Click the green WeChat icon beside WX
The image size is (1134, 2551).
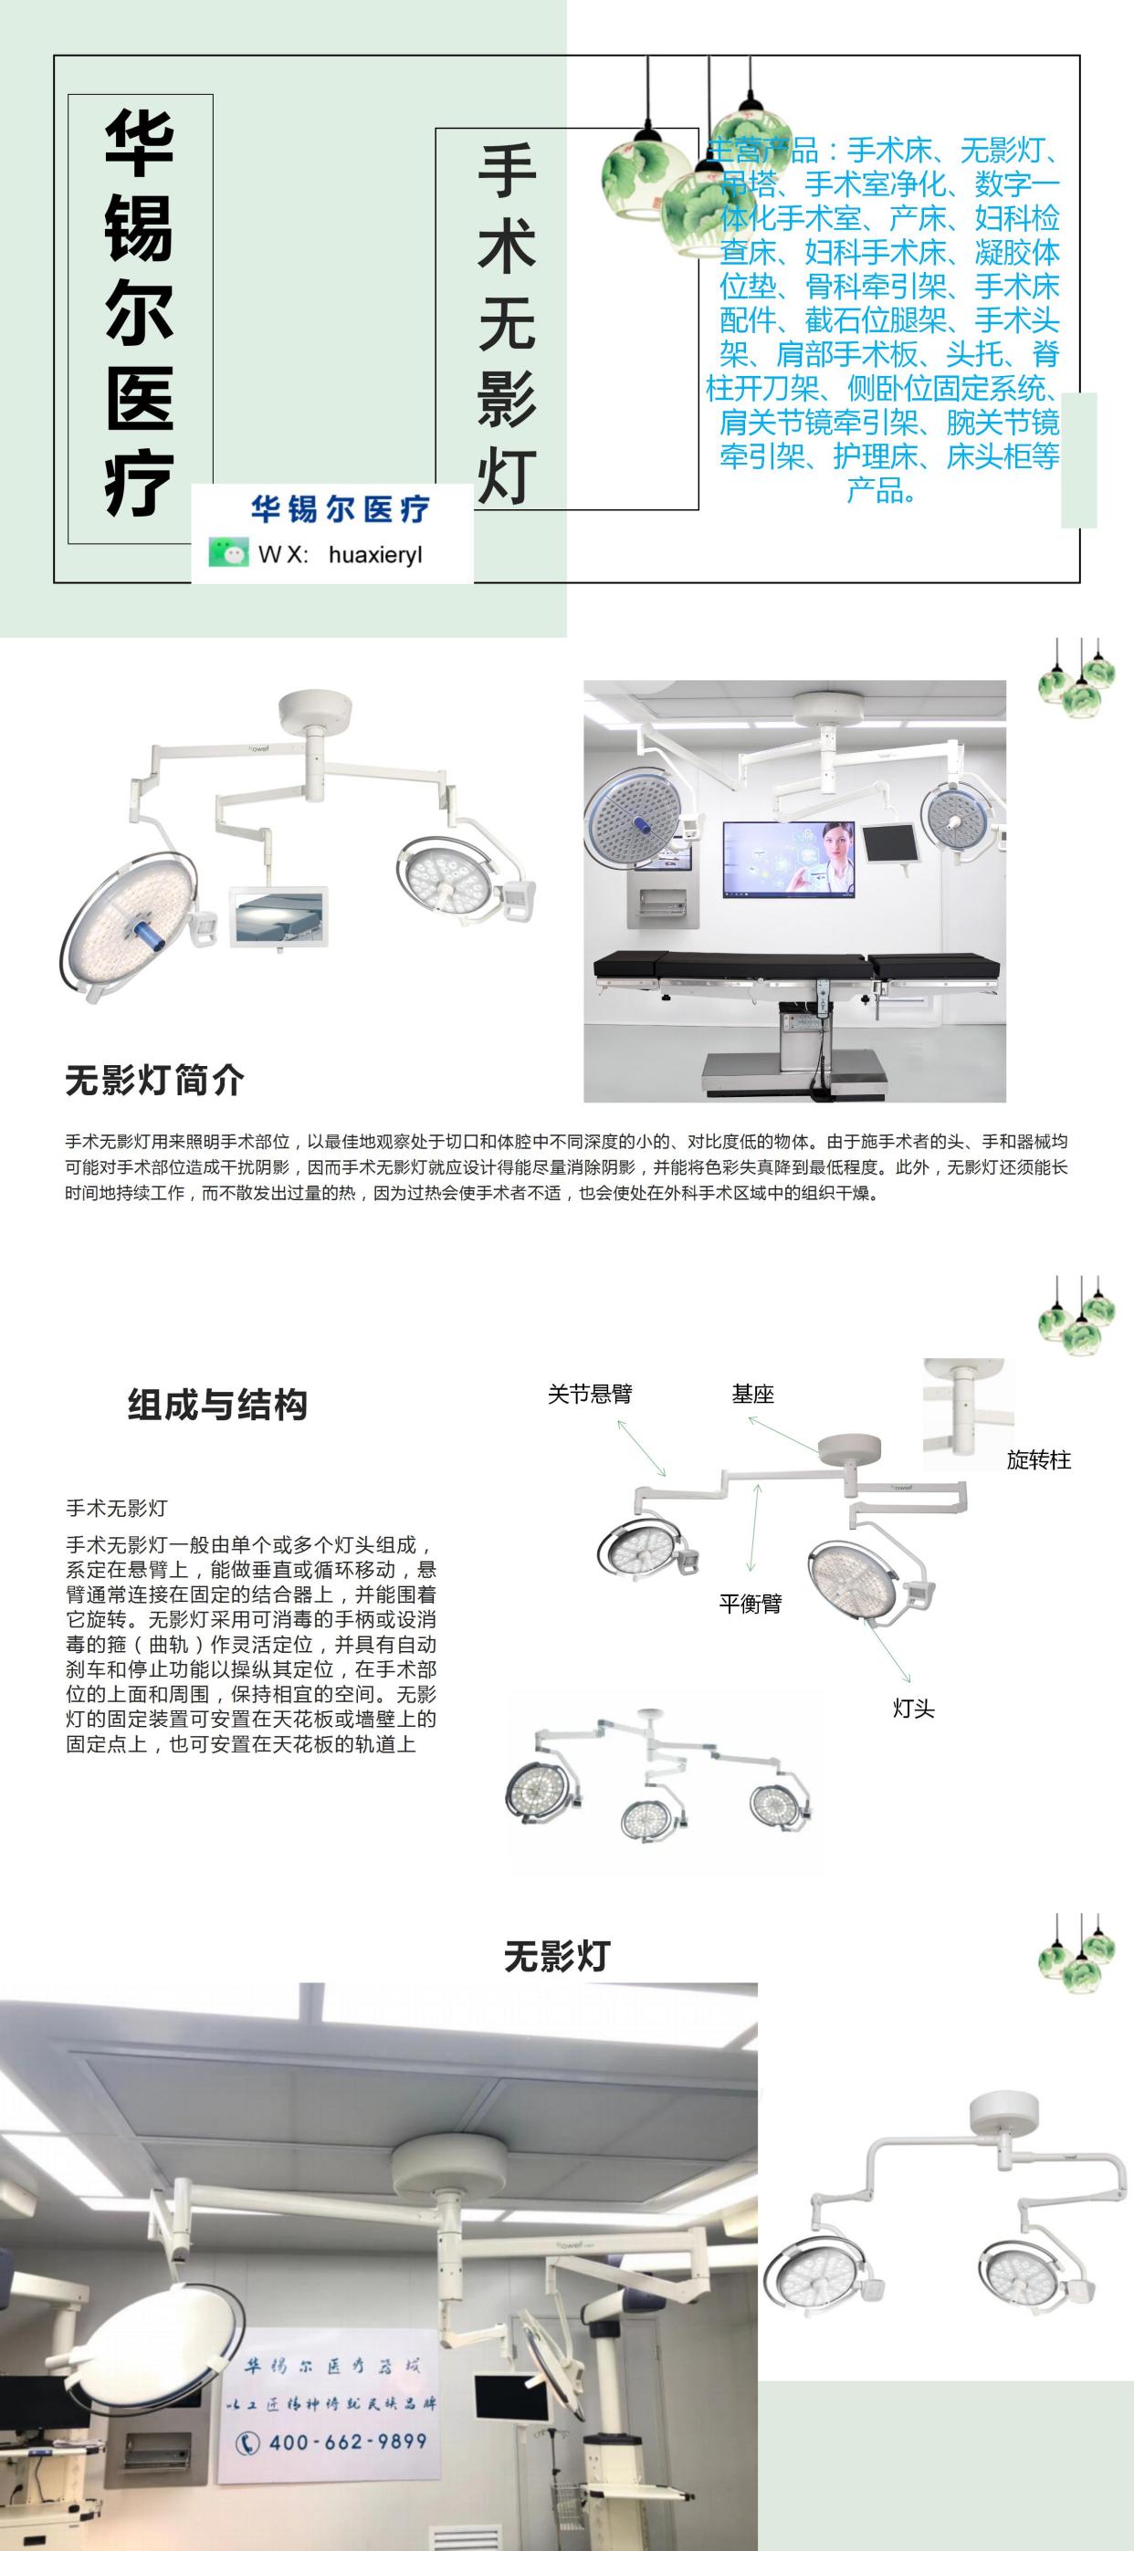point(227,551)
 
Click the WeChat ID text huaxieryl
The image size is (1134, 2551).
point(375,555)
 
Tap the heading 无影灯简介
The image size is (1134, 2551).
point(154,1080)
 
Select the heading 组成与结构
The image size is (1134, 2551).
point(217,1405)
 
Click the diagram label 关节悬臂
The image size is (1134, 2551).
point(589,1395)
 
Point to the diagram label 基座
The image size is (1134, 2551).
point(751,1395)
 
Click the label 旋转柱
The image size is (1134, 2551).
point(1038,1459)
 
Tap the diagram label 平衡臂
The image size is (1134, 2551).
point(750,1604)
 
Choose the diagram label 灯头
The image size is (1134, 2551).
point(913,1709)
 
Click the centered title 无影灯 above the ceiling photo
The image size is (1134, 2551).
point(557,1956)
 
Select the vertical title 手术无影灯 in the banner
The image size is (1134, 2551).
point(506,322)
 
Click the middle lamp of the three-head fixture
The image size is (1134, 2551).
point(648,1818)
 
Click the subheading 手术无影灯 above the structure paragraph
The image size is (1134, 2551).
point(117,1508)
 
